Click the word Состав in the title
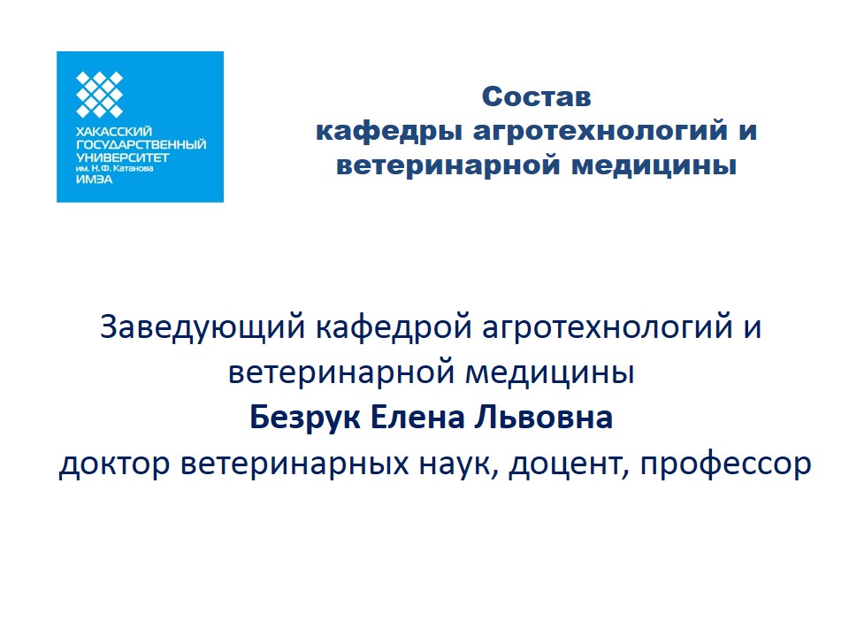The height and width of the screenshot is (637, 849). point(536,97)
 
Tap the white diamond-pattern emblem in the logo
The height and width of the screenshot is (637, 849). point(100,95)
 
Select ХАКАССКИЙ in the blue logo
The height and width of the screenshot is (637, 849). point(114,132)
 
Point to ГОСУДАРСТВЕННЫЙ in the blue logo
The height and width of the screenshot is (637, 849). point(141,144)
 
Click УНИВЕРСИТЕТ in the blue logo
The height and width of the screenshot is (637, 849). point(123,157)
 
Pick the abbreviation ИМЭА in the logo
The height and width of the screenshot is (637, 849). point(95,180)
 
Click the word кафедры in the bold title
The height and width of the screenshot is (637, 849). point(389,132)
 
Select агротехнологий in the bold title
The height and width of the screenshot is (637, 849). point(600,132)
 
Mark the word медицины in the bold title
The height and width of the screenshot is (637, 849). point(654,165)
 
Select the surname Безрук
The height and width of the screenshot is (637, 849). point(305,418)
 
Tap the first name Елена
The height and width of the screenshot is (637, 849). point(417,418)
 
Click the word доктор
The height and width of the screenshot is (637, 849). point(114,464)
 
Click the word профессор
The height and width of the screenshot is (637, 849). point(725,464)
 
